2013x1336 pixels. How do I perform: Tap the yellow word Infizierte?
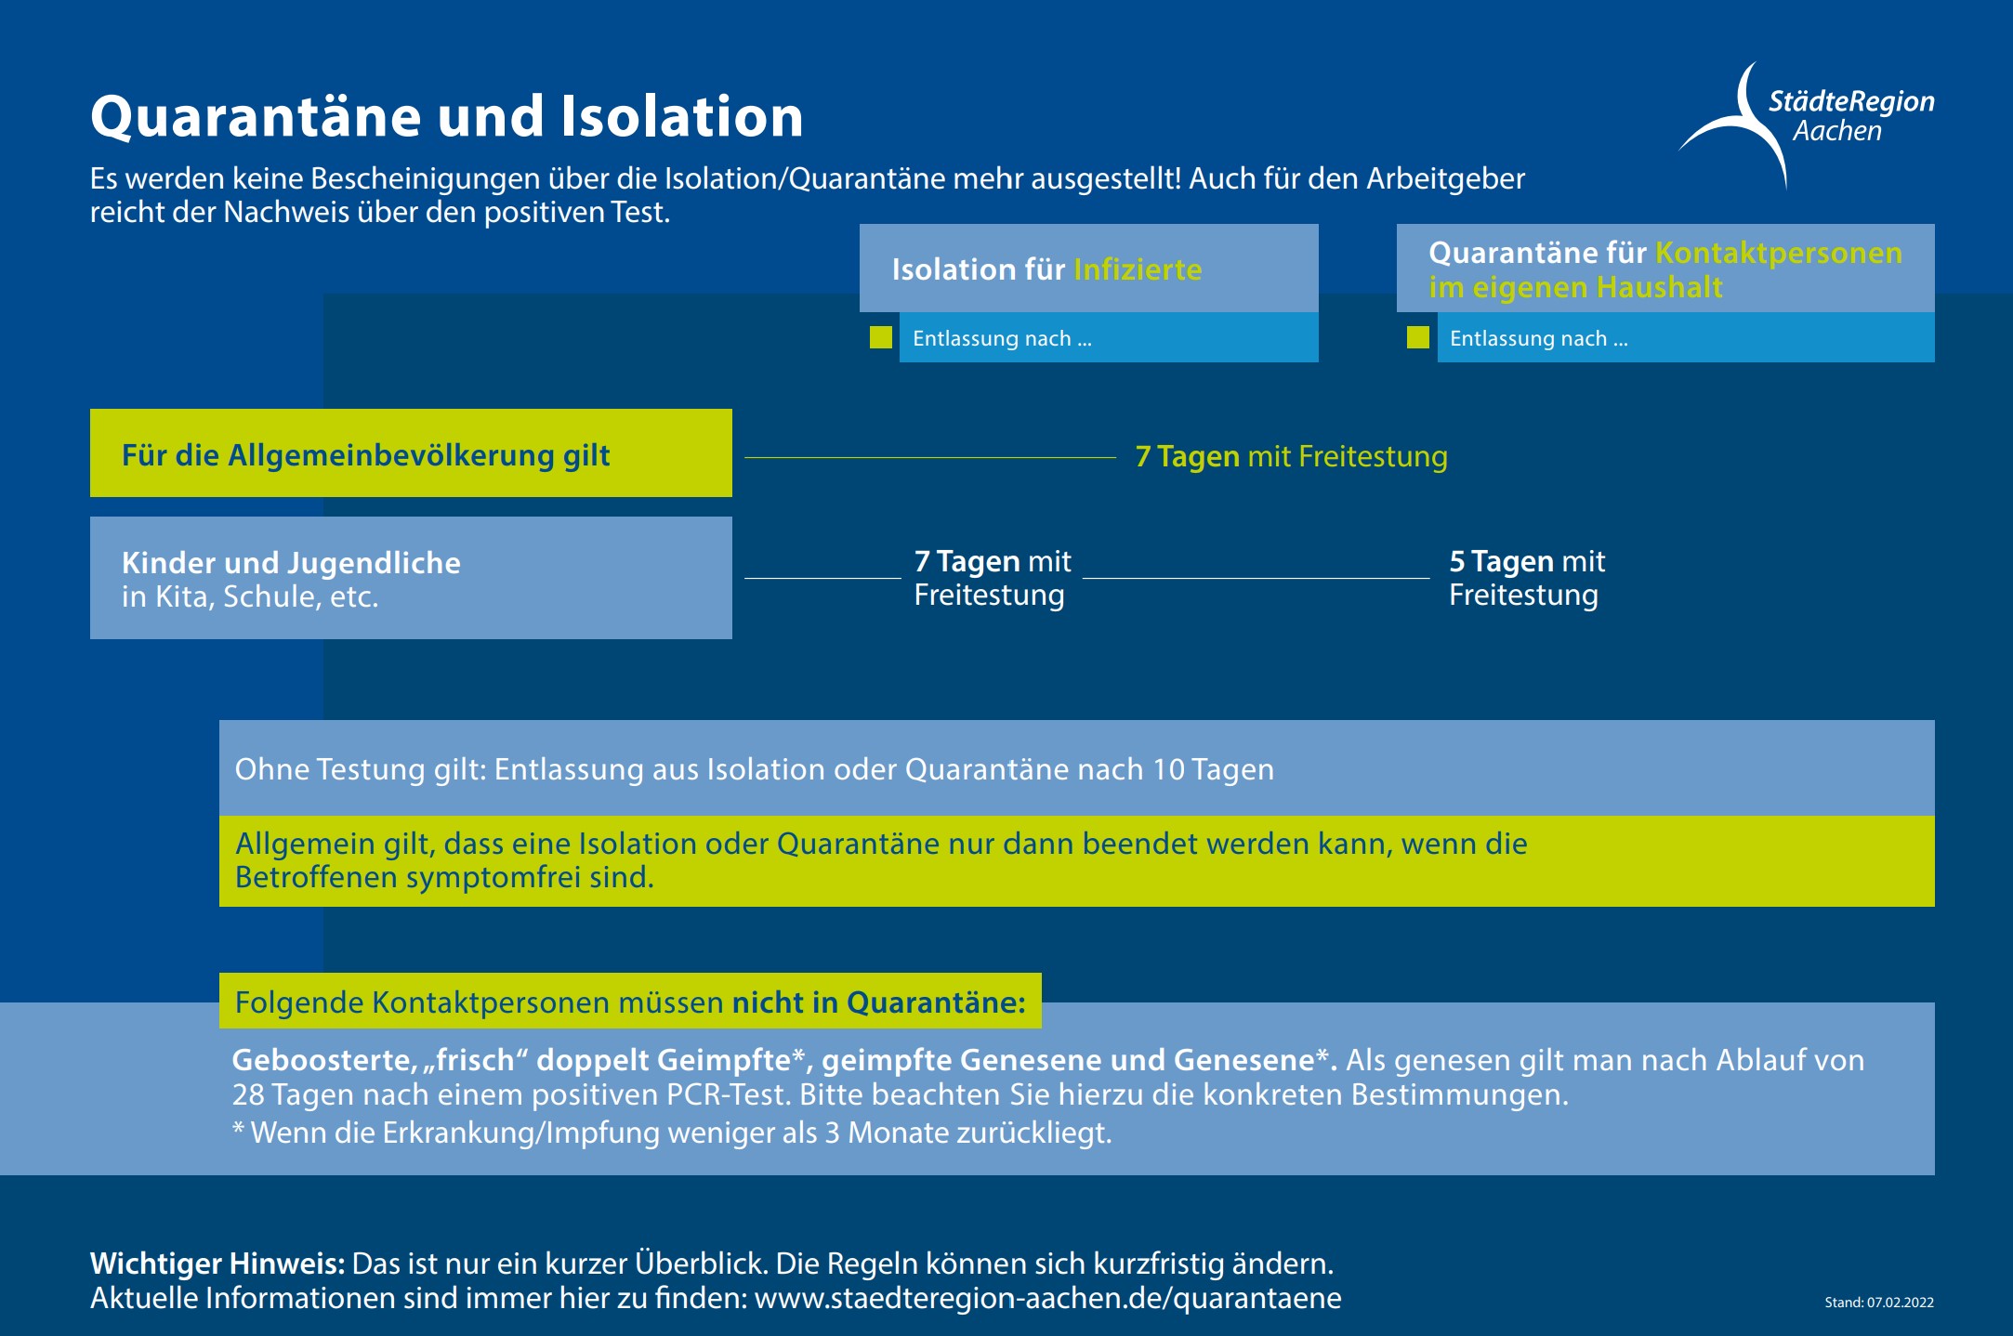(1138, 269)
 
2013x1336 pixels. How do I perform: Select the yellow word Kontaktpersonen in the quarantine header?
(1779, 253)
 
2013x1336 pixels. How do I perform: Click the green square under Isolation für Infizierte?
(881, 337)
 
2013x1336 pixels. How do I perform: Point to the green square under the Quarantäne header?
(1418, 337)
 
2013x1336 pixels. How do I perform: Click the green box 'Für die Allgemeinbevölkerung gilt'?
(411, 453)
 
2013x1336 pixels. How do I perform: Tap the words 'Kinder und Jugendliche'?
(291, 563)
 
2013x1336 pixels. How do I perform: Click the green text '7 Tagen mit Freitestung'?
(1291, 457)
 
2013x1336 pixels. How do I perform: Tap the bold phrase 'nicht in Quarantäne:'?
(878, 1002)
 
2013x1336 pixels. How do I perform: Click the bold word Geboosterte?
(322, 1060)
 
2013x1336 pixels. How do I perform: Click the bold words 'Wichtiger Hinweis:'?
(217, 1264)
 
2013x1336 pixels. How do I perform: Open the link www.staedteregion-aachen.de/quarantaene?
(1047, 1298)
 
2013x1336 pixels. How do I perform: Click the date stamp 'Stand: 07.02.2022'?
(1879, 1303)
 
